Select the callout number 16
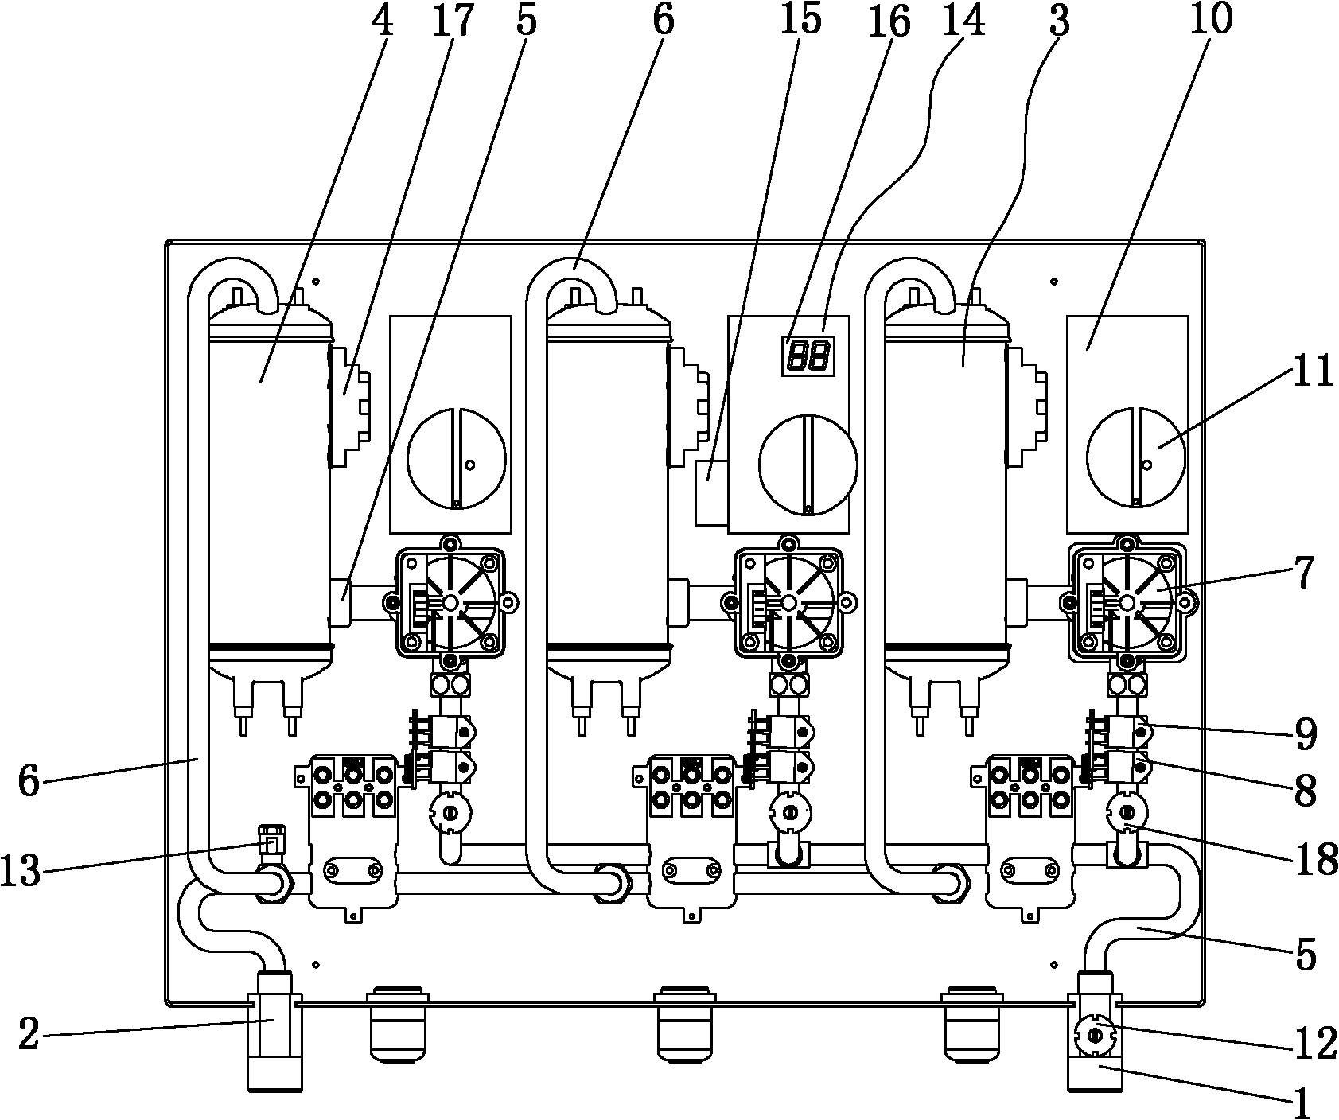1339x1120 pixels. coord(889,22)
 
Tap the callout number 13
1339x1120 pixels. coord(21,872)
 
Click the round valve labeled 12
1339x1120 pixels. coord(1096,1036)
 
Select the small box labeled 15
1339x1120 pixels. coord(710,492)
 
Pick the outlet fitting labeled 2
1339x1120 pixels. coord(274,1031)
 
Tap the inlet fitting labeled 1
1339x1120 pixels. coord(1095,1031)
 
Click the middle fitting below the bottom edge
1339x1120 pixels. coord(685,1025)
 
